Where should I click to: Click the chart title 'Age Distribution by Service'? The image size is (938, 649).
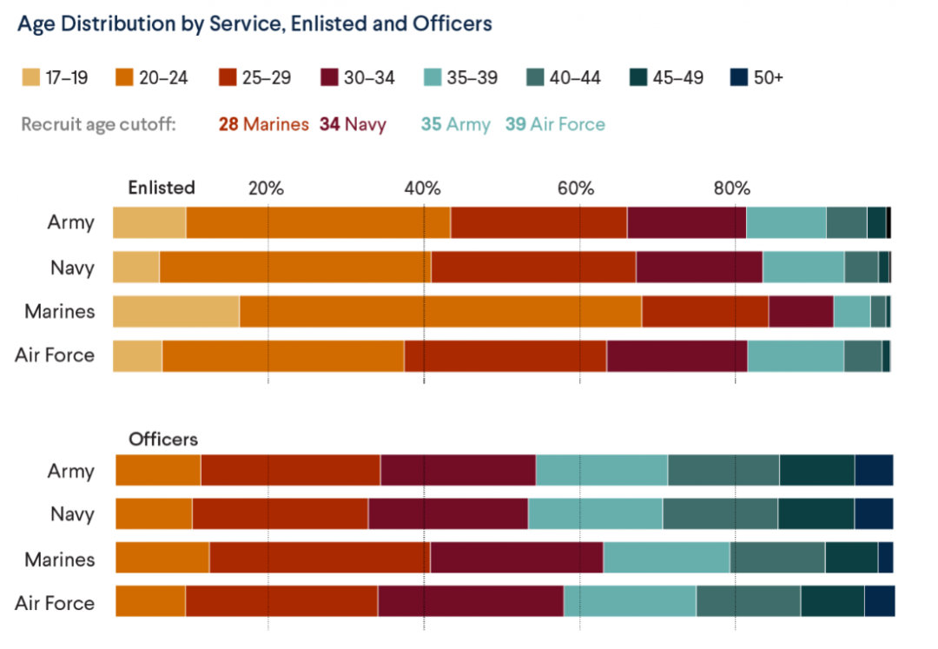tap(254, 23)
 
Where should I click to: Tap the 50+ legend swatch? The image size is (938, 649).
tap(737, 78)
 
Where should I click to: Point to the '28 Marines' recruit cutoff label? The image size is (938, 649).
tap(263, 124)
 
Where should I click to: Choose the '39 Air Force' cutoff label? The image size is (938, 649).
tap(555, 124)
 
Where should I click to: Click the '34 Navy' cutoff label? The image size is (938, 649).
tap(353, 124)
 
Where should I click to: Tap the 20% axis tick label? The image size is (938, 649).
tap(266, 189)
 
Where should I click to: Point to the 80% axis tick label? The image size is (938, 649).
tap(731, 189)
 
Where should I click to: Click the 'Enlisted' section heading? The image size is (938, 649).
tap(162, 188)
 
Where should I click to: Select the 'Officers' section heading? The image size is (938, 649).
tap(163, 439)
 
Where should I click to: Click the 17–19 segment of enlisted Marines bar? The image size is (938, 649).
tap(175, 311)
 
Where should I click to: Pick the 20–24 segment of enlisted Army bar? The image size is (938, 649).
tap(318, 222)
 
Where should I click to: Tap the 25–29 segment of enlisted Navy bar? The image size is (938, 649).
tap(533, 267)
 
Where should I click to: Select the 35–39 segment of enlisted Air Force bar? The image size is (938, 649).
tap(796, 355)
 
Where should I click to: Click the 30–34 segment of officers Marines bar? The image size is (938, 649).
tap(516, 558)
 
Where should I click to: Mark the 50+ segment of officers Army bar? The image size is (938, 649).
tap(874, 470)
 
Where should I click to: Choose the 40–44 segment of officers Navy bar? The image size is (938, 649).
tap(720, 513)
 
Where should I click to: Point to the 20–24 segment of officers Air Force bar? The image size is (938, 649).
tap(150, 602)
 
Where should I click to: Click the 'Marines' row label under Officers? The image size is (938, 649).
tap(60, 559)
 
